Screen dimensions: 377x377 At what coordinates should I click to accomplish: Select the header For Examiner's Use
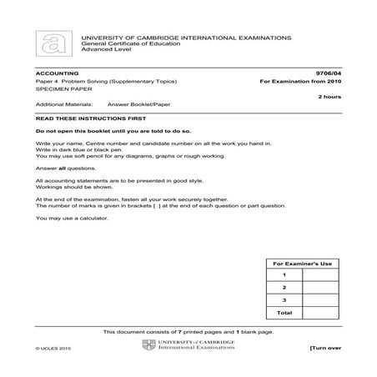coord(302,264)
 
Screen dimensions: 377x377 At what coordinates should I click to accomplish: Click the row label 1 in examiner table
coord(284,274)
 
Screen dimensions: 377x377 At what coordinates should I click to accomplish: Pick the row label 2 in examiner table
coord(284,287)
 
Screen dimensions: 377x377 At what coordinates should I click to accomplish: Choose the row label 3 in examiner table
coord(284,299)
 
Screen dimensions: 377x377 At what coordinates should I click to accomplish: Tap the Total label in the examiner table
coord(284,312)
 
